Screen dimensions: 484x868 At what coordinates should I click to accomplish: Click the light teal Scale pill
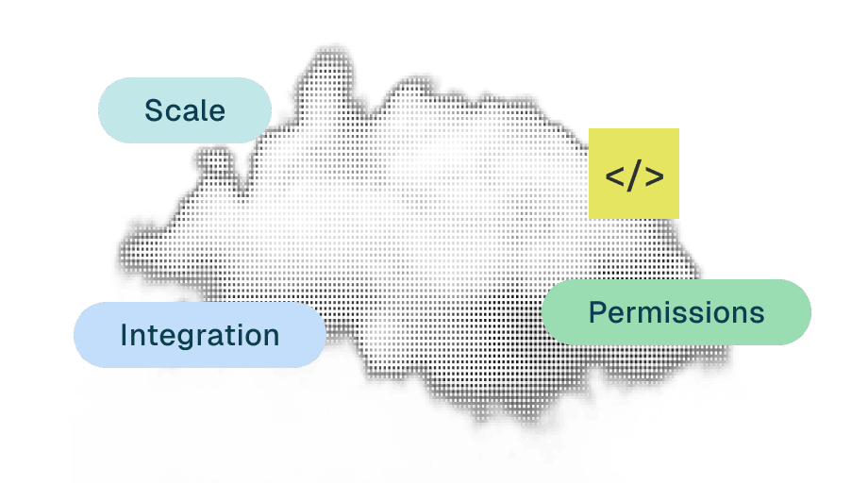(x=185, y=110)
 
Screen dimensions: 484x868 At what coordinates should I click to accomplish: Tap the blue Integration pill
(x=200, y=335)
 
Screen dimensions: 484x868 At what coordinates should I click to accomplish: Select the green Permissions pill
(x=676, y=312)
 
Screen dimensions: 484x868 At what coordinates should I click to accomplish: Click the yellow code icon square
(x=634, y=173)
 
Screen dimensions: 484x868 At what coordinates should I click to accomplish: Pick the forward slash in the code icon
(x=634, y=176)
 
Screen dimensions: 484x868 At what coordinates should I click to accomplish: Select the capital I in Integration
(x=125, y=335)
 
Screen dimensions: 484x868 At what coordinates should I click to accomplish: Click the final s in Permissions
(x=756, y=314)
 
